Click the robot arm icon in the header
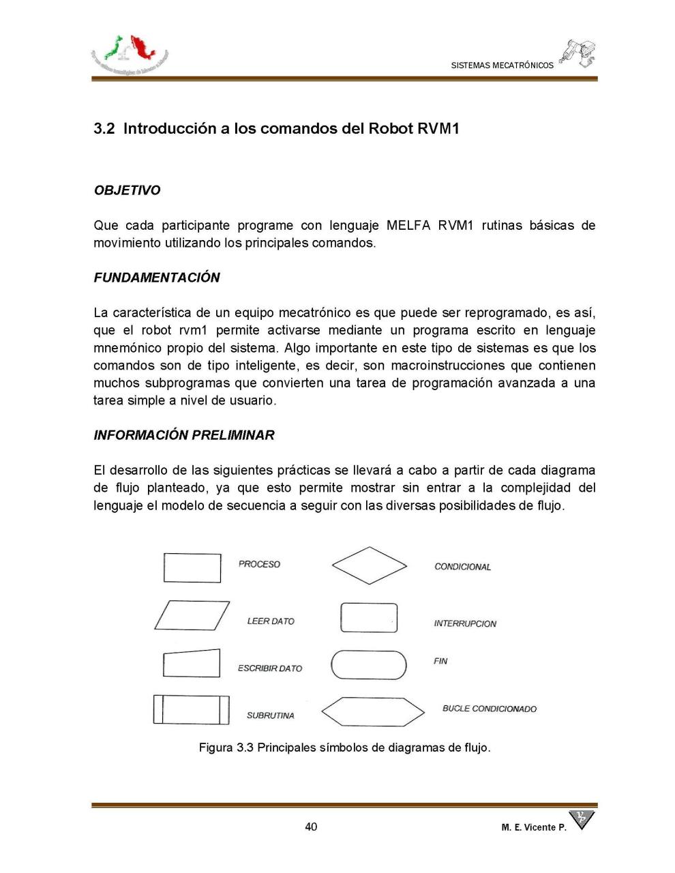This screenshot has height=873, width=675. (x=578, y=53)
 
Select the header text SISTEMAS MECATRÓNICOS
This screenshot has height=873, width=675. (x=502, y=65)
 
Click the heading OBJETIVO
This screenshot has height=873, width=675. (x=127, y=190)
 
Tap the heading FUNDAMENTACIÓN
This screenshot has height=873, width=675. (x=157, y=278)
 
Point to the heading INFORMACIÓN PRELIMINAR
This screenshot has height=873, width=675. (x=184, y=435)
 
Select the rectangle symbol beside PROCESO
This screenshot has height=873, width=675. (x=192, y=567)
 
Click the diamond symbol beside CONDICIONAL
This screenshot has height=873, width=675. (x=369, y=565)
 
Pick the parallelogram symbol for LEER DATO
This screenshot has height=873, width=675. (x=192, y=615)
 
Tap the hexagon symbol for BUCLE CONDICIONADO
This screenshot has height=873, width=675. (x=372, y=711)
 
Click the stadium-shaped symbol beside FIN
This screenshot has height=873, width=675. (x=368, y=665)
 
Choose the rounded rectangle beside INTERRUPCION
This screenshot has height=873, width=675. (x=368, y=618)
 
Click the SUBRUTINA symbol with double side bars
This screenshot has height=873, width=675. (x=191, y=709)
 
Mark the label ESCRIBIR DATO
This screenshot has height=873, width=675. (x=270, y=668)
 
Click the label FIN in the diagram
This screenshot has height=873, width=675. (x=440, y=661)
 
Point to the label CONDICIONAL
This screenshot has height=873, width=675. (x=462, y=567)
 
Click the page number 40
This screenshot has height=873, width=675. (x=311, y=827)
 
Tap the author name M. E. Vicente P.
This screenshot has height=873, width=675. (x=533, y=827)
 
